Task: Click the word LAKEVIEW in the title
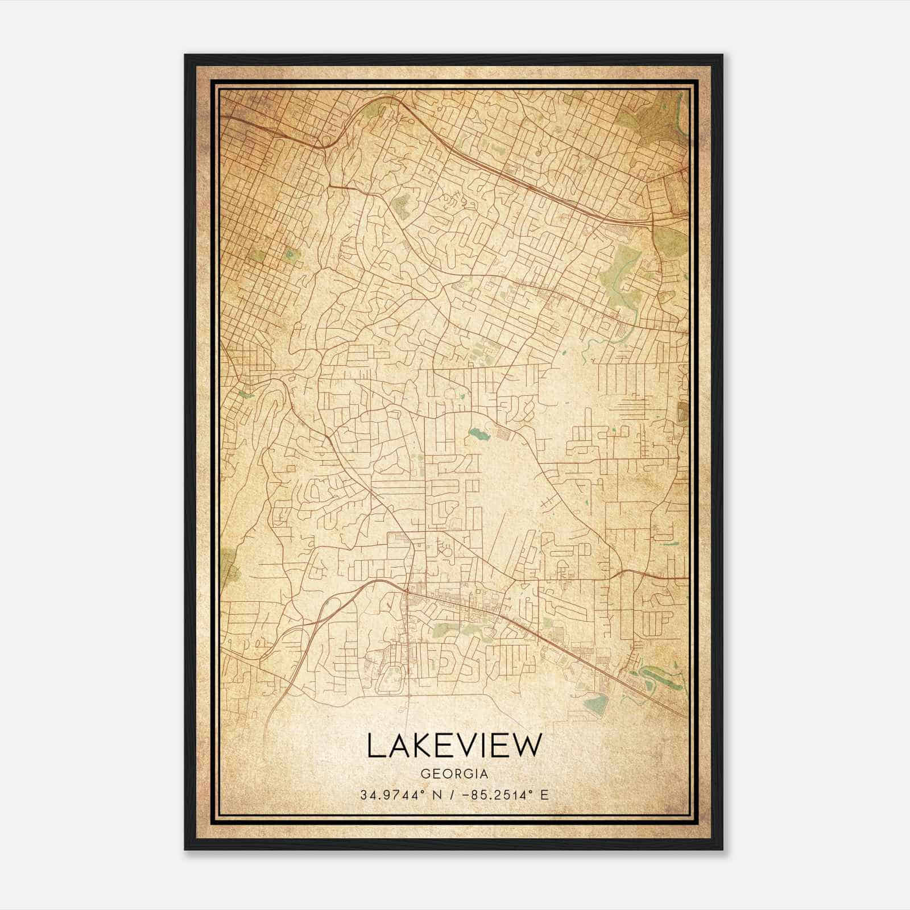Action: (454, 746)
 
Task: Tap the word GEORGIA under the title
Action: (454, 774)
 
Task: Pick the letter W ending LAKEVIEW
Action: (524, 746)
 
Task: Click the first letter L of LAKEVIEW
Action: (375, 746)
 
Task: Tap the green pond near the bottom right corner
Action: (594, 703)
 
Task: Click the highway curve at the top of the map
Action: (392, 100)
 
